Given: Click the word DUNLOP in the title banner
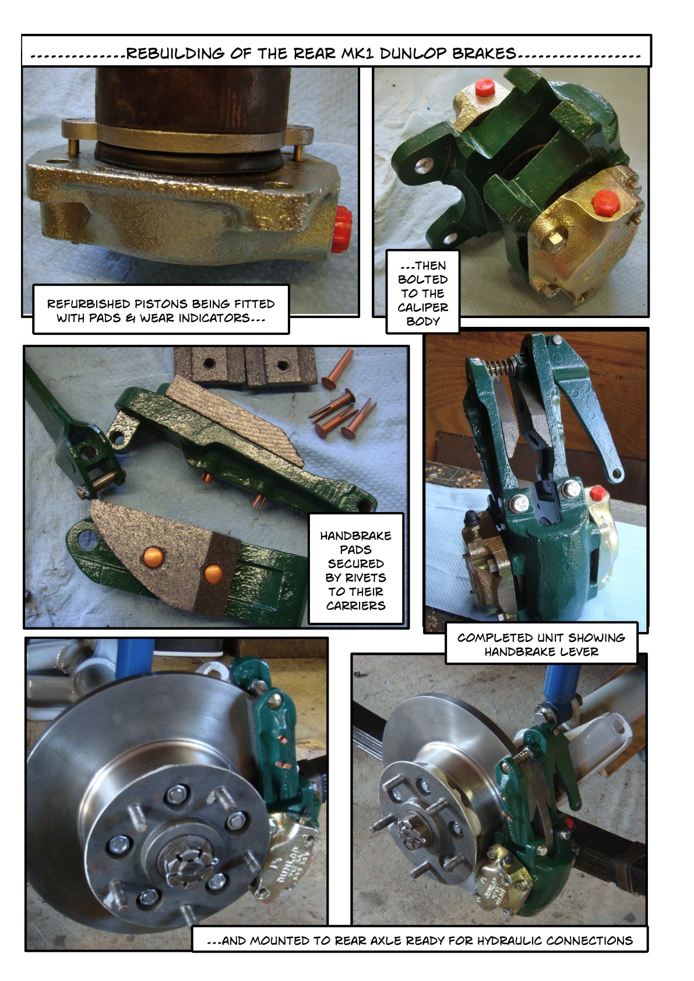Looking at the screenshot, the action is tap(413, 54).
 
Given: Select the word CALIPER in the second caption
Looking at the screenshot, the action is tap(423, 307).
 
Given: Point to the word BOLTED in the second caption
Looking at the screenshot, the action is tap(423, 280).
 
